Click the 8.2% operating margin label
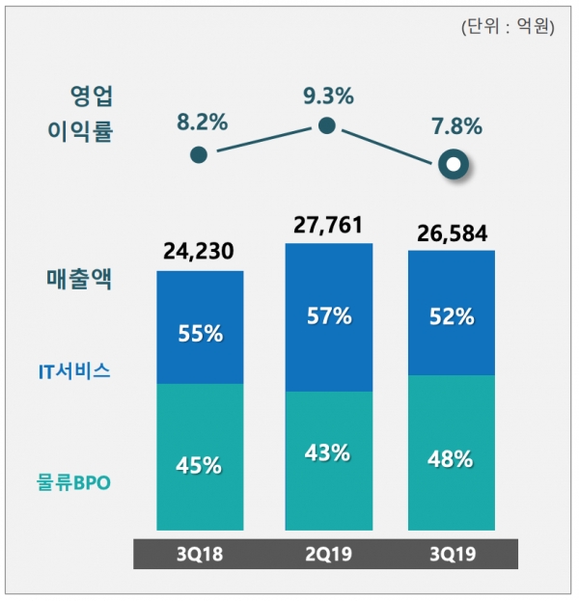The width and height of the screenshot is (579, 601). coord(202,123)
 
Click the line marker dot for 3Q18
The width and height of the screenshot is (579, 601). coord(199,154)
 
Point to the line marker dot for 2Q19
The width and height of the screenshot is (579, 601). coord(327,125)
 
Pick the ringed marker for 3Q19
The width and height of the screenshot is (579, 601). coord(452,164)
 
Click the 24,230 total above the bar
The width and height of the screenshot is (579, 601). coord(200,254)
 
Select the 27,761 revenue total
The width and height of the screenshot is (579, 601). coord(328,227)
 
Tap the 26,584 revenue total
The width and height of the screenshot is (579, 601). coord(452,234)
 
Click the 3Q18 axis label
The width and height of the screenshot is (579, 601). coord(200,555)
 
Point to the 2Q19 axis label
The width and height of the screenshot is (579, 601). coord(328,555)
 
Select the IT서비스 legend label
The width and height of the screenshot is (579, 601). coord(78,369)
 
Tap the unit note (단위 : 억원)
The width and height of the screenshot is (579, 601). coord(508,27)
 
